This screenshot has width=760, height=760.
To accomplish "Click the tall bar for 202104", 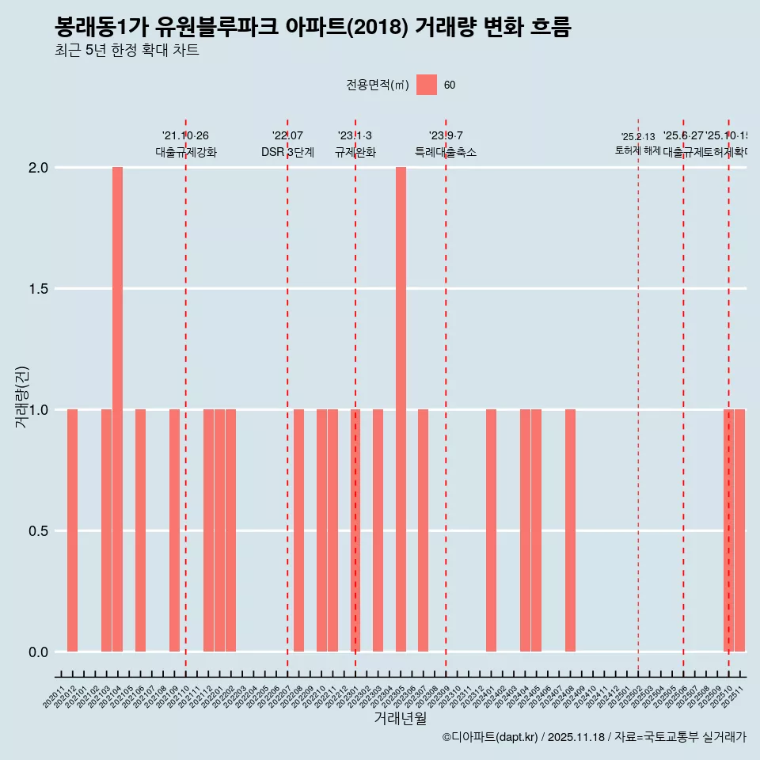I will (x=117, y=409).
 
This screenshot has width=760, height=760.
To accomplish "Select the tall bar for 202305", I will (x=401, y=409).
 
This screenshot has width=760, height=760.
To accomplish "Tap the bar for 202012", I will (x=72, y=530).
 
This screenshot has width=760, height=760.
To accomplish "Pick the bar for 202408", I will (x=570, y=530).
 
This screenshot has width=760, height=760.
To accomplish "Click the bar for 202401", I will (x=491, y=530).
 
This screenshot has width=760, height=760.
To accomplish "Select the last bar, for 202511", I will (x=739, y=530).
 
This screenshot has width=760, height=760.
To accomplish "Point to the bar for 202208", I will (x=298, y=530).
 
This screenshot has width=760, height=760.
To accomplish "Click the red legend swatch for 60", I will (x=427, y=85).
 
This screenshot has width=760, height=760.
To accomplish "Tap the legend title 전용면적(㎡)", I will (x=377, y=85).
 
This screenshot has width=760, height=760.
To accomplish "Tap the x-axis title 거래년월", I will (x=400, y=718).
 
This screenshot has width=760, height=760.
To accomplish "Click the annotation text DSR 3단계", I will (x=287, y=153).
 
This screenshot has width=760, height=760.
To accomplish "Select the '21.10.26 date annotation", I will (x=185, y=136).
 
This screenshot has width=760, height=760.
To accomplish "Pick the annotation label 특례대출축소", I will (x=446, y=153).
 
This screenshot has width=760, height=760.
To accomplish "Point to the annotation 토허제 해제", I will (x=637, y=150).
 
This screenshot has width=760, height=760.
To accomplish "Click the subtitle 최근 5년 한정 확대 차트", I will (x=127, y=51).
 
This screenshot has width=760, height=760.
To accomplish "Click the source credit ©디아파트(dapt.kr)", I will (x=491, y=737).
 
